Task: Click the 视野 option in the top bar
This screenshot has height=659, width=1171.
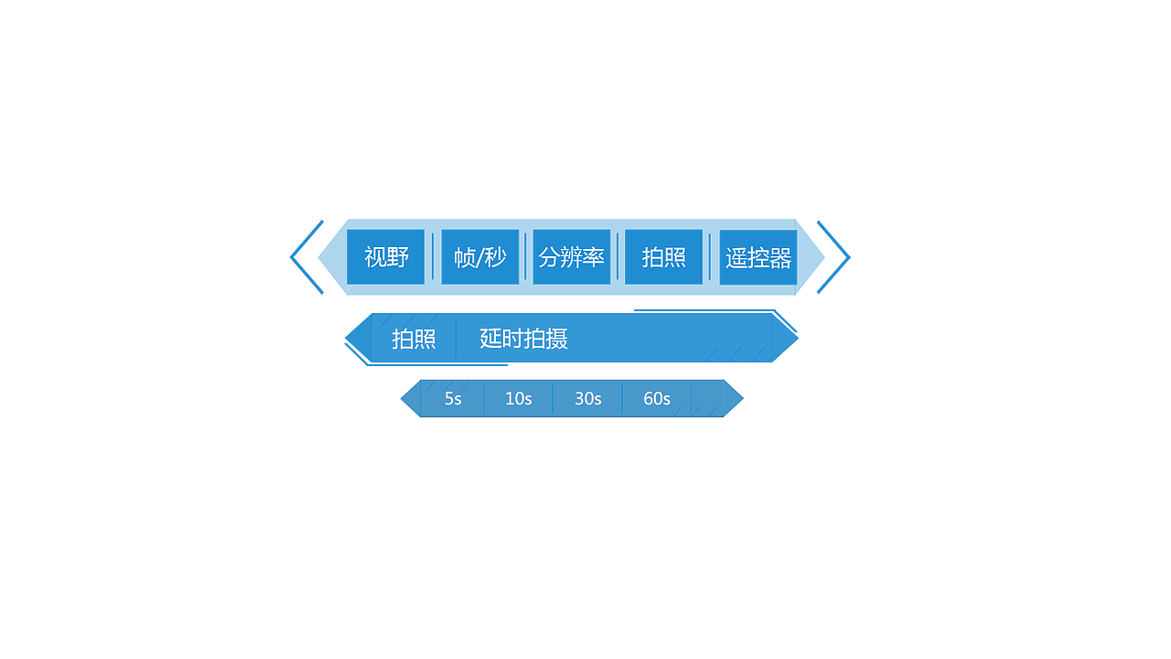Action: click(386, 257)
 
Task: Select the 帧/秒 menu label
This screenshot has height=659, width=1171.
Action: click(479, 257)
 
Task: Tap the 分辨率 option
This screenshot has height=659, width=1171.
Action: click(572, 257)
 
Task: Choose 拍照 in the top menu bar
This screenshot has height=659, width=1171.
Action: click(664, 257)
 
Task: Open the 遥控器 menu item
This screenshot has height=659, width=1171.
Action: click(758, 257)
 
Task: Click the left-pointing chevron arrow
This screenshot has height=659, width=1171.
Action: click(306, 257)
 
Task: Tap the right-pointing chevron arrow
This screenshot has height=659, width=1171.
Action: click(835, 257)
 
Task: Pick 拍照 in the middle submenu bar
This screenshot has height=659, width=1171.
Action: click(414, 339)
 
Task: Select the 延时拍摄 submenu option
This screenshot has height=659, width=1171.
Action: click(524, 339)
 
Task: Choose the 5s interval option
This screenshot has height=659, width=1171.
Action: click(453, 399)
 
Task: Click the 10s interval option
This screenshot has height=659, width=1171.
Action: click(519, 399)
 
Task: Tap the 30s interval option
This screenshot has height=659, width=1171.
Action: click(588, 399)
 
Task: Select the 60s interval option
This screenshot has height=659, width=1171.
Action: click(657, 399)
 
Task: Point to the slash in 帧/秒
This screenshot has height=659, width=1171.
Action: click(480, 258)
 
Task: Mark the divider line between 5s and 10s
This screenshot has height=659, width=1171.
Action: click(484, 399)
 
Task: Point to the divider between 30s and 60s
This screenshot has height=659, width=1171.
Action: click(622, 399)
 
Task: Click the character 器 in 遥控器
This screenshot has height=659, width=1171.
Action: click(780, 257)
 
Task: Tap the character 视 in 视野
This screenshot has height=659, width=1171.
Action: click(375, 257)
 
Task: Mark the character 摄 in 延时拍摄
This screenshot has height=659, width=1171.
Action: click(557, 339)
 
